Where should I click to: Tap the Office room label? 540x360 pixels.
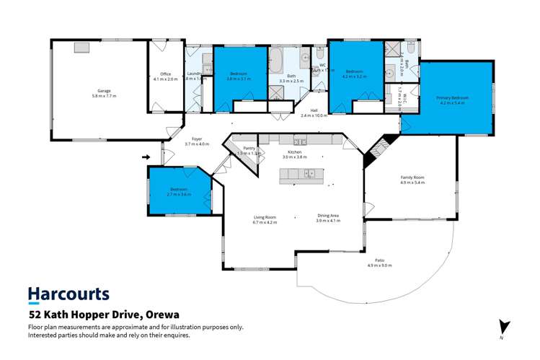click(x=165, y=75)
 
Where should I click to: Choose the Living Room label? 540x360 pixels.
click(x=265, y=217)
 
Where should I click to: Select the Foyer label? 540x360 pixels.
click(x=196, y=140)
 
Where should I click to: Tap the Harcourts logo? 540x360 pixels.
click(x=68, y=294)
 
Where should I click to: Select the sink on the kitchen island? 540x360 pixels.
click(x=309, y=173)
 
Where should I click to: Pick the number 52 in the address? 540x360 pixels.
click(x=35, y=315)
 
